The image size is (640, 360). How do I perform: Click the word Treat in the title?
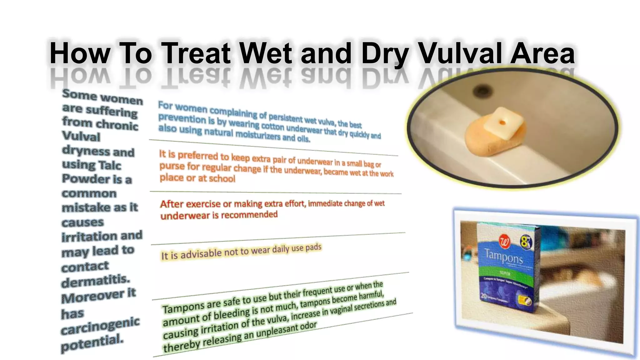(x=196, y=53)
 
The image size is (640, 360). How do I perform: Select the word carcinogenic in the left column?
(x=100, y=326)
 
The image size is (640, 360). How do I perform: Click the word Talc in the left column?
(x=110, y=165)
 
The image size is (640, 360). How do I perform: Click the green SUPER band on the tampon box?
(x=504, y=273)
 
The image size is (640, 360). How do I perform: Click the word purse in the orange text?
(x=172, y=166)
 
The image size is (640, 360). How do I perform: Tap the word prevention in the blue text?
(x=182, y=119)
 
